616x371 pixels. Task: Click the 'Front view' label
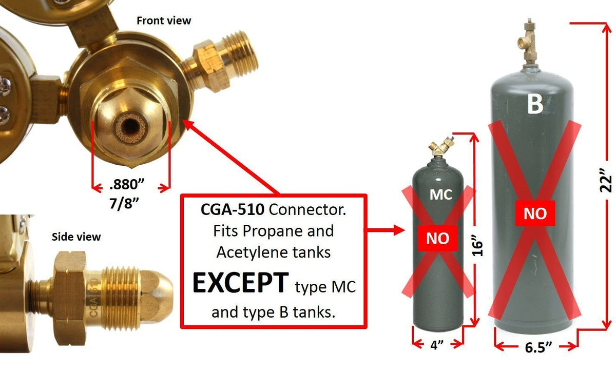pos(164,21)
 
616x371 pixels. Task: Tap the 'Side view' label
pos(76,237)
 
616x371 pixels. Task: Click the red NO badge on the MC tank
pos(438,238)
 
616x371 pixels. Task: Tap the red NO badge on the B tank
pos(535,213)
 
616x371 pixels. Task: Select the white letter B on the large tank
pos(535,104)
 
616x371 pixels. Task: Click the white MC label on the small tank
pos(440,194)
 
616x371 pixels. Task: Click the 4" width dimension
pos(437,345)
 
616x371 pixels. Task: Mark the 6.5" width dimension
pos(537,347)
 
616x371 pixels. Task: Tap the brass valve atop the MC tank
pos(442,146)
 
